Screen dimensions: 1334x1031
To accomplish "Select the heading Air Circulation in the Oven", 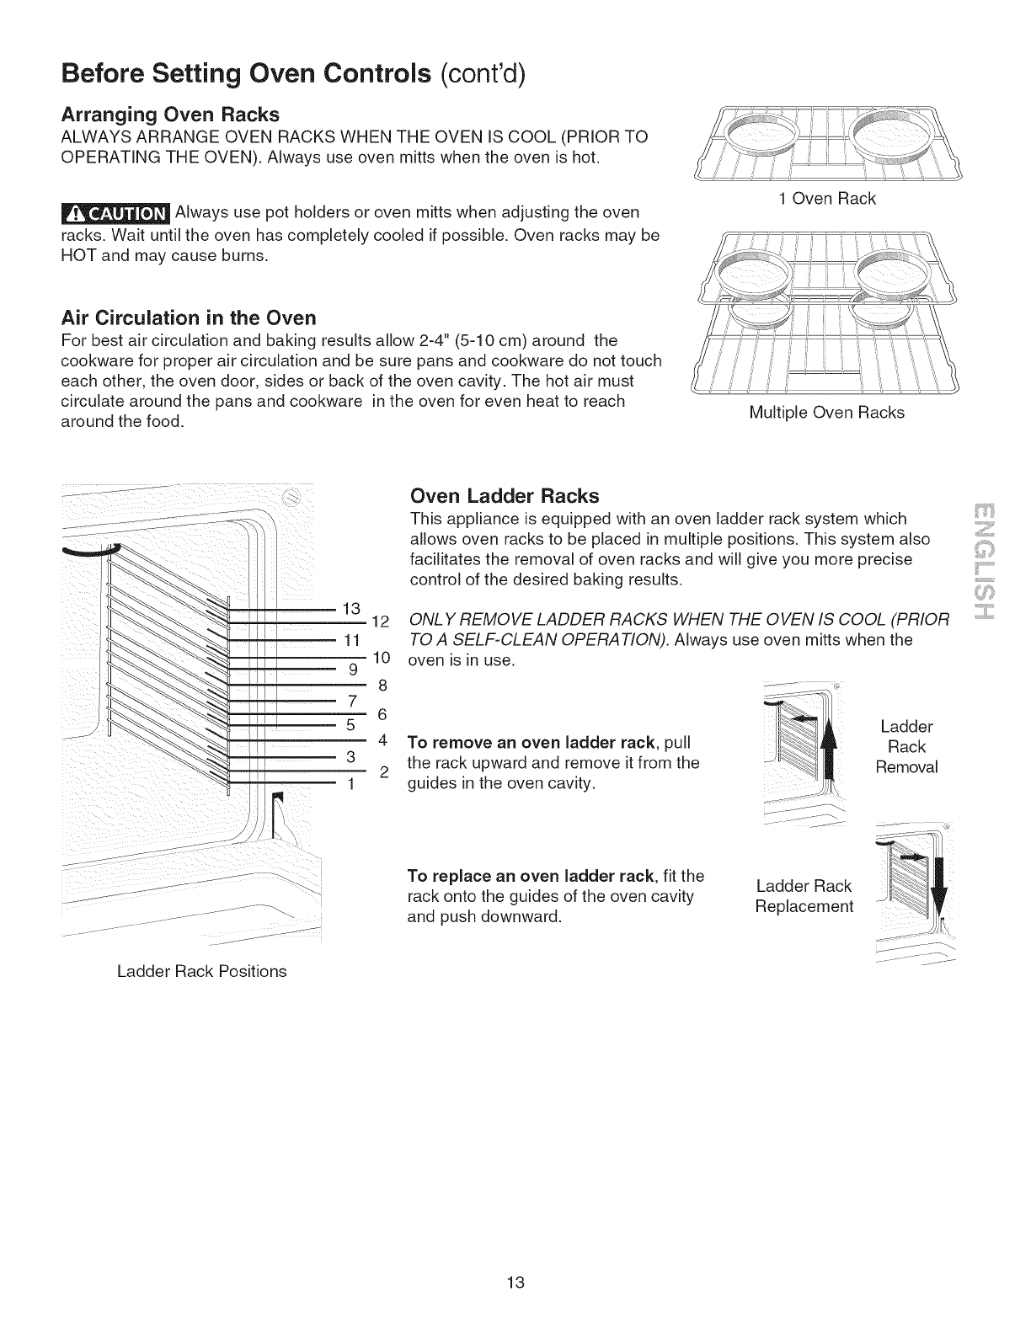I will [x=189, y=317].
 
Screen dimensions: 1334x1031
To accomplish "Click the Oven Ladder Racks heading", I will [x=504, y=494].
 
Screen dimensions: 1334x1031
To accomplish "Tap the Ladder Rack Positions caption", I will [x=201, y=971].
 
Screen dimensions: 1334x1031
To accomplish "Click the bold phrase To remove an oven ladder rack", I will [x=532, y=743].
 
